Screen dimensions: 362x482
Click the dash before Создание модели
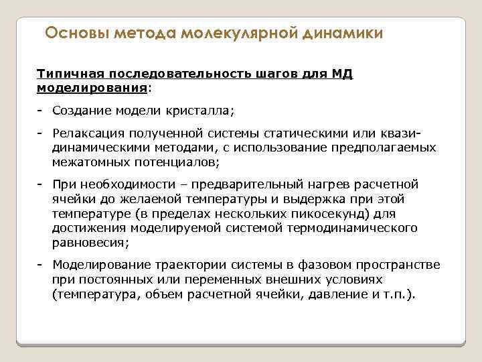40,109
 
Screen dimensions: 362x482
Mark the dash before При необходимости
40,184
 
